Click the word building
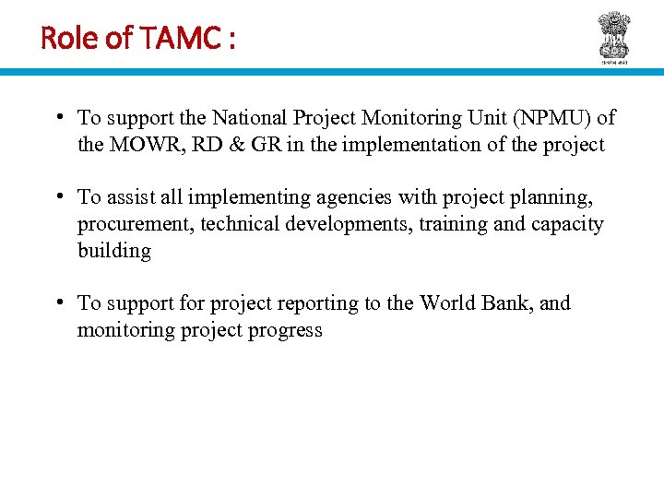(113, 251)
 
